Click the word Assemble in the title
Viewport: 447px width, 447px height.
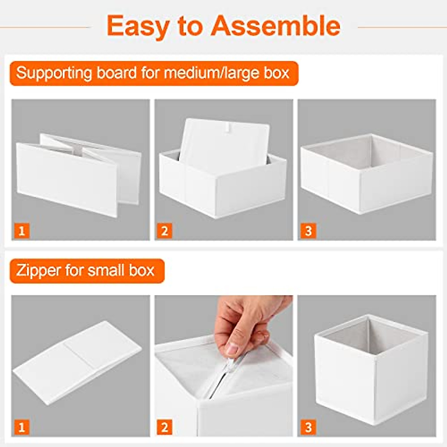[276, 26]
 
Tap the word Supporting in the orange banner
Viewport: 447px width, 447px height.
[54, 73]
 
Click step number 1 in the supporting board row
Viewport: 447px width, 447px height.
[22, 231]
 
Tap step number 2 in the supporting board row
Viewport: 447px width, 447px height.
[164, 231]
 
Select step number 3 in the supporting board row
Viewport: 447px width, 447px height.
[308, 231]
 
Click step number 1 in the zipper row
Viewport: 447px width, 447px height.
[22, 427]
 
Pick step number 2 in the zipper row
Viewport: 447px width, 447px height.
[164, 427]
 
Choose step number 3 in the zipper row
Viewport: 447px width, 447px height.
[308, 427]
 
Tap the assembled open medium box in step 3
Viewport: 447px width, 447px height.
[367, 173]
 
